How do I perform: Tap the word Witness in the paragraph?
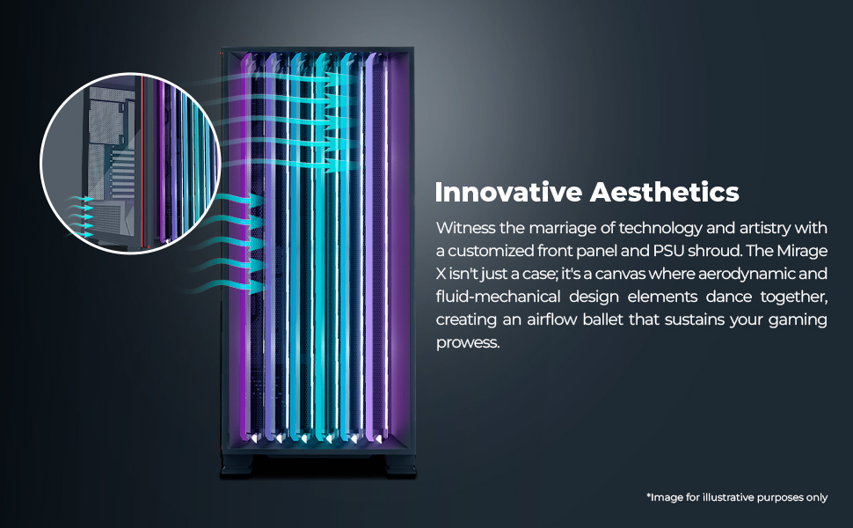[463, 228]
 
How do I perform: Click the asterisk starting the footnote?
[648, 495]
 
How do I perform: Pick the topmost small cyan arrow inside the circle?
[84, 200]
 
